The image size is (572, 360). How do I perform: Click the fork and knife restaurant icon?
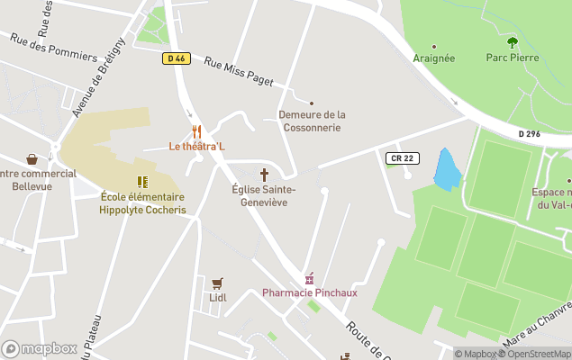(x=197, y=130)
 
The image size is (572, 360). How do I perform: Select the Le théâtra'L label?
(x=197, y=146)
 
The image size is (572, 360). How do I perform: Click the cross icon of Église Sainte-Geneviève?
(x=265, y=175)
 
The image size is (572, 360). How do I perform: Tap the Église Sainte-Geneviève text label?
(x=264, y=196)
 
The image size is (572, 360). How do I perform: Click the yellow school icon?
(x=142, y=182)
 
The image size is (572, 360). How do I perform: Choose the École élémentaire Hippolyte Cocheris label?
(x=142, y=203)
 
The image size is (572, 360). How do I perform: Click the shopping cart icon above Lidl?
(x=217, y=283)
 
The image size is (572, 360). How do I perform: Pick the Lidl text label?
(x=217, y=298)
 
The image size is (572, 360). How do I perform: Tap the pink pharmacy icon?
(x=310, y=278)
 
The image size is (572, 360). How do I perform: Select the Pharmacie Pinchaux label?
(x=310, y=292)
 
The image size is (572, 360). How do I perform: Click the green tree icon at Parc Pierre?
(x=513, y=42)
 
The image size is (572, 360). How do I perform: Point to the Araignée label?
(x=433, y=58)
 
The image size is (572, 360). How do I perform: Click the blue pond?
(x=445, y=169)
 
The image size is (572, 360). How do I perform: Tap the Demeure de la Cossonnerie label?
(x=312, y=121)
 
